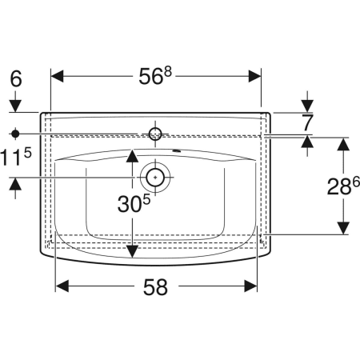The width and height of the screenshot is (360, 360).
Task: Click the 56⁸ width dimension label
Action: click(155, 76)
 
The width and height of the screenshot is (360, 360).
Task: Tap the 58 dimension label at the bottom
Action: click(155, 287)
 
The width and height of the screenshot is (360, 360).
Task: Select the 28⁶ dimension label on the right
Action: click(343, 186)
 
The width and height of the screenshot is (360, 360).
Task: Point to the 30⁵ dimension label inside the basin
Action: click(134, 204)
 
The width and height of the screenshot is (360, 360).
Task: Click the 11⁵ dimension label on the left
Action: click(15, 158)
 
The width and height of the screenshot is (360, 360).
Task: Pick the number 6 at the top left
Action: click(16, 78)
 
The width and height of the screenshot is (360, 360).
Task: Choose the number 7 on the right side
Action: click(307, 123)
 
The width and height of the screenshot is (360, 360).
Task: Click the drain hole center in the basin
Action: click(155, 177)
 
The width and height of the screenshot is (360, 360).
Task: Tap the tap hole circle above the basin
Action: click(155, 134)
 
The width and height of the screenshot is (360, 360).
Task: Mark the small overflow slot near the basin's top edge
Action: click(176, 151)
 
